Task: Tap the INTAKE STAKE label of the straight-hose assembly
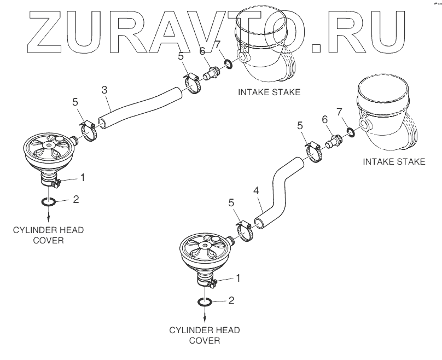[x=269, y=92]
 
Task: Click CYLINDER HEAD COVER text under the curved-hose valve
[x=205, y=335]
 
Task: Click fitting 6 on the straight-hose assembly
[x=209, y=74]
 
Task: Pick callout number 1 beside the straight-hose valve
[x=82, y=177]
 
